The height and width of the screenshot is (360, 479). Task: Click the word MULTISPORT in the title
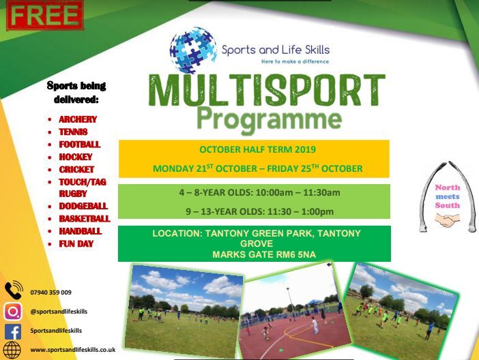pyautogui.click(x=267, y=91)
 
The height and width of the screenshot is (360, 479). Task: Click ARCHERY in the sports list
pyautogui.click(x=78, y=119)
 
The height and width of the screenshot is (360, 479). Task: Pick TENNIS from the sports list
pyautogui.click(x=73, y=132)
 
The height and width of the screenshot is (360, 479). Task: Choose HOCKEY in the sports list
pyautogui.click(x=76, y=157)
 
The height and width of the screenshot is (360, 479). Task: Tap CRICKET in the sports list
pyautogui.click(x=76, y=169)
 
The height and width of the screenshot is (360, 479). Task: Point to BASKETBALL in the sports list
pyautogui.click(x=85, y=219)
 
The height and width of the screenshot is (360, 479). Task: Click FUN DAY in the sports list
pyautogui.click(x=76, y=243)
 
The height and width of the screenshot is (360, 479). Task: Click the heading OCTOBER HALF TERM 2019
pyautogui.click(x=257, y=150)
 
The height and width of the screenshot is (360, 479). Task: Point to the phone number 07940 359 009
pyautogui.click(x=51, y=292)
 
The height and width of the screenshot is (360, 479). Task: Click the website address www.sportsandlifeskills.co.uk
pyautogui.click(x=73, y=350)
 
